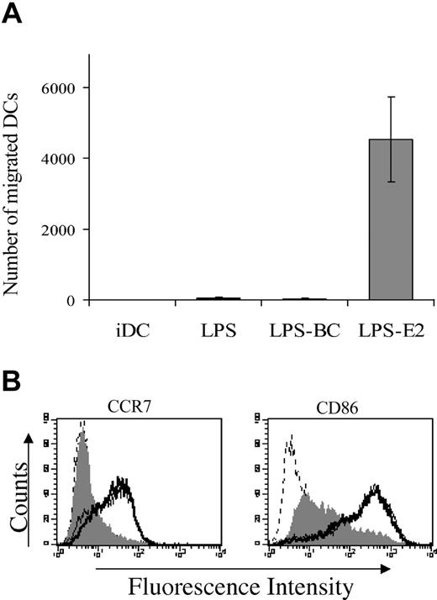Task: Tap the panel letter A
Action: click(13, 16)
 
